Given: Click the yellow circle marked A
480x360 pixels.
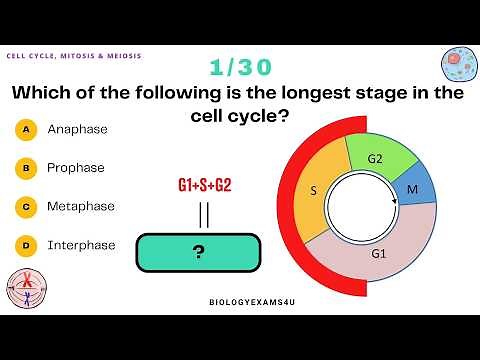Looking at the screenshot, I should [x=26, y=129].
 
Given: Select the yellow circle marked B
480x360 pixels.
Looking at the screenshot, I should [x=26, y=168].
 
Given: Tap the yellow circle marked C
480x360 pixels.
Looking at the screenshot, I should [x=26, y=207].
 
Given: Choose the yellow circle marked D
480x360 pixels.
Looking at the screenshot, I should [x=26, y=245].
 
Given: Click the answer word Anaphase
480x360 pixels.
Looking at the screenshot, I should [x=77, y=129].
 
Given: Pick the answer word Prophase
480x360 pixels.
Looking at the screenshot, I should [x=76, y=168].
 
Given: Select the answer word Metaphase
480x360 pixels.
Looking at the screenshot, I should [x=81, y=207].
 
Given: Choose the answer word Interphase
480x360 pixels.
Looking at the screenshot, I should [x=81, y=245].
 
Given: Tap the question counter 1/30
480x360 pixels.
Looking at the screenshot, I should [x=239, y=67].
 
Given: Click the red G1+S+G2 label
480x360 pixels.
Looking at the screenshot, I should [x=204, y=186].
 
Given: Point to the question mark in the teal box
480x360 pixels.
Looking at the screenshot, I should [x=198, y=252].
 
